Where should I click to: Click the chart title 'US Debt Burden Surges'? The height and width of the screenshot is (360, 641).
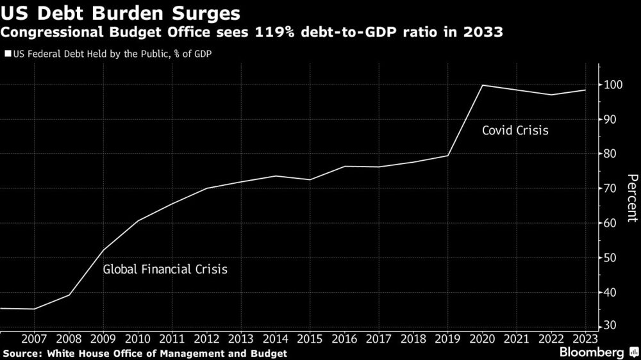(121, 13)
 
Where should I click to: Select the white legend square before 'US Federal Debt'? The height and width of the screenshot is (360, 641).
(8, 54)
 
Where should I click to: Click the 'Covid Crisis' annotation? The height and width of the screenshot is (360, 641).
(515, 130)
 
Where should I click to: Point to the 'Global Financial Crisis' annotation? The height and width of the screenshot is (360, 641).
(165, 270)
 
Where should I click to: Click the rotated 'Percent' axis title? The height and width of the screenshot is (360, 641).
(631, 198)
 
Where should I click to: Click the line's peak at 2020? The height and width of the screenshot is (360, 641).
(482, 85)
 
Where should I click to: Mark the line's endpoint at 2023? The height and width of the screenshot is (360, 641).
(585, 90)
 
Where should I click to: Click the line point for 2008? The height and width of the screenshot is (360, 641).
(69, 295)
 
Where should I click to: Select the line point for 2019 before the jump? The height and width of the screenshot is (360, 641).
(447, 156)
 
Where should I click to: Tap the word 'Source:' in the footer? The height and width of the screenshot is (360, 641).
(22, 354)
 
